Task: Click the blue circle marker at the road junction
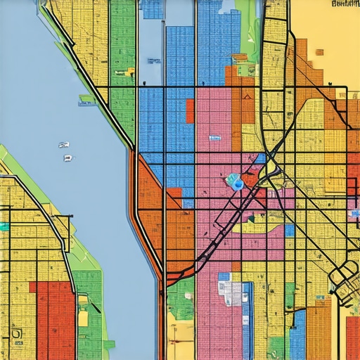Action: [x=238, y=184]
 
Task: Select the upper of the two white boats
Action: [x=64, y=145]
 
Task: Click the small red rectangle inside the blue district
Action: [x=190, y=111]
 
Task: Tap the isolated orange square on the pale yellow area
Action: [x=319, y=51]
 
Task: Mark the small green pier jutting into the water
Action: [x=86, y=103]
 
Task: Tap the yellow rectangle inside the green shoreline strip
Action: [x=83, y=318]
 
